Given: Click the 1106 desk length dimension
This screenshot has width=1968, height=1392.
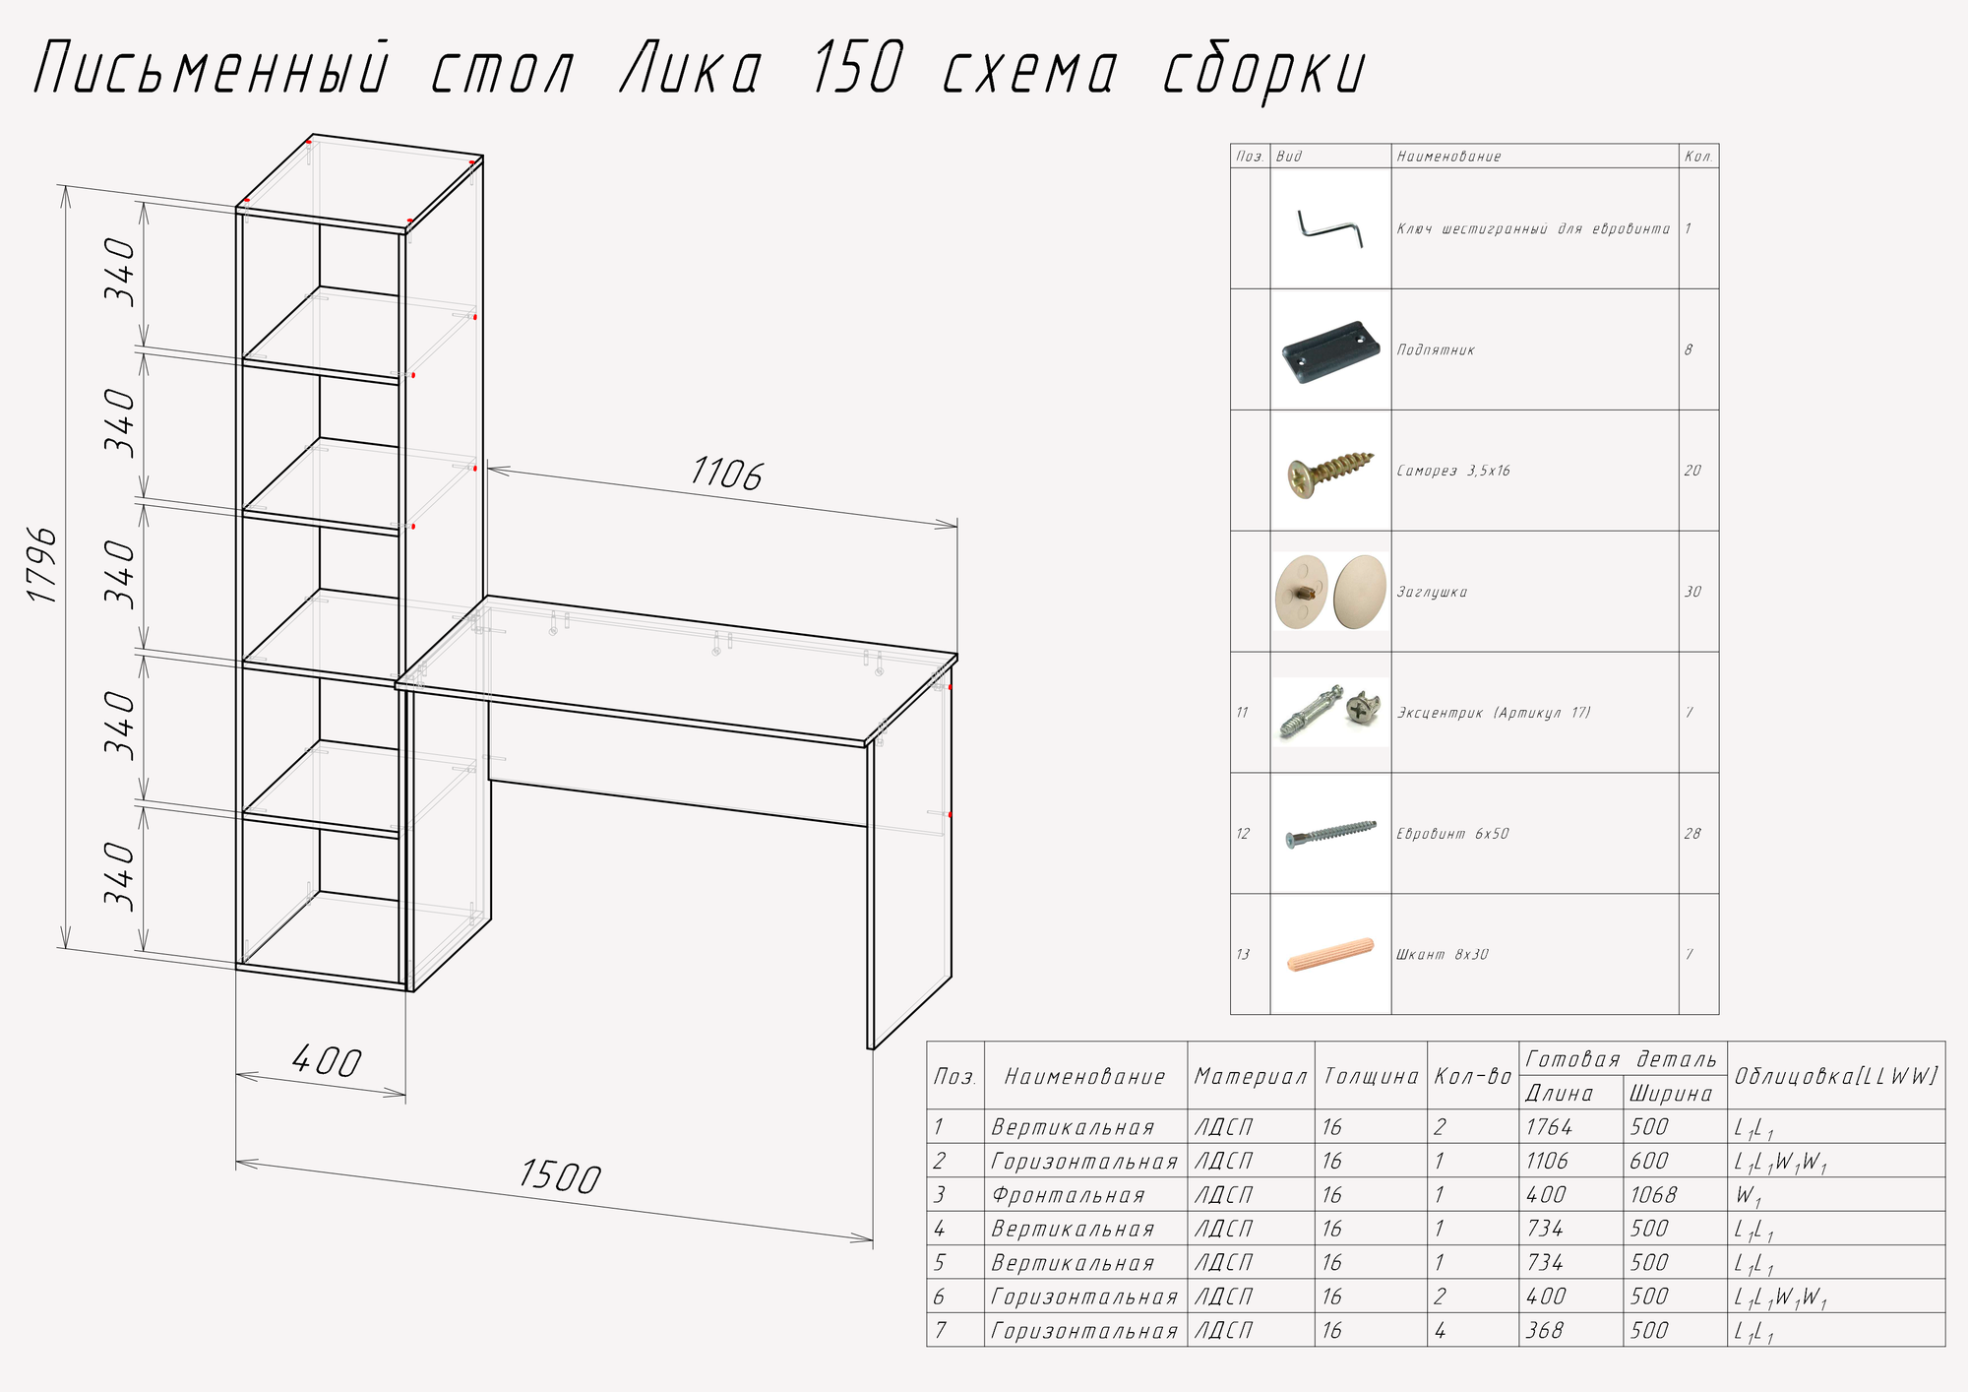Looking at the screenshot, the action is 726,475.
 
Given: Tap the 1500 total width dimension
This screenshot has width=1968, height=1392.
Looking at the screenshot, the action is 559,1177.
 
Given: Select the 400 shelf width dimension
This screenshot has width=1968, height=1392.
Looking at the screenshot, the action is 327,1062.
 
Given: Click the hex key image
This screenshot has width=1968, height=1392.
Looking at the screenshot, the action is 1329,228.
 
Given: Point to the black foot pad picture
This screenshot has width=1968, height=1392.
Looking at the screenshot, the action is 1330,349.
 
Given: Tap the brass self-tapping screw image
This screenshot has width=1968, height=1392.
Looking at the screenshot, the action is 1330,472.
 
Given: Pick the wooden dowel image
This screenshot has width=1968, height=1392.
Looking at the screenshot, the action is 1330,955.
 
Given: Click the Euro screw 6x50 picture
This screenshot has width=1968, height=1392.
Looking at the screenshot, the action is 1330,834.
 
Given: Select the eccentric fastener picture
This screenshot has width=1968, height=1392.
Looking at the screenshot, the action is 1330,713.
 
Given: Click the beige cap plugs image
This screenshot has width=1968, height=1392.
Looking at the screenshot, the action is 1330,592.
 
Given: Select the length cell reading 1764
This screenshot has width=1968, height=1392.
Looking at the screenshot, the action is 1549,1127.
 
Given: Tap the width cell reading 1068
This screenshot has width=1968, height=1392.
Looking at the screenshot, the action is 1653,1195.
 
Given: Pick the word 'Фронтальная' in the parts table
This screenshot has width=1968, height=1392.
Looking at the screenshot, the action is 1069,1195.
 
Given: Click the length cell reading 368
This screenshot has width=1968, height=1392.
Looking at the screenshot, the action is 1545,1331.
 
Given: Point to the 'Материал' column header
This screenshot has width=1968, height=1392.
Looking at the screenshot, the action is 1251,1077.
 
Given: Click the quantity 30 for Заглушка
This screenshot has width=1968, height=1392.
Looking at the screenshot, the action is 1692,592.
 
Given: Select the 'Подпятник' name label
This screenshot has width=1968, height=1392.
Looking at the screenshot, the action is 1436,350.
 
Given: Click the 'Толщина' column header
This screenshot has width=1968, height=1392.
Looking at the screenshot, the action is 1371,1077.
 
